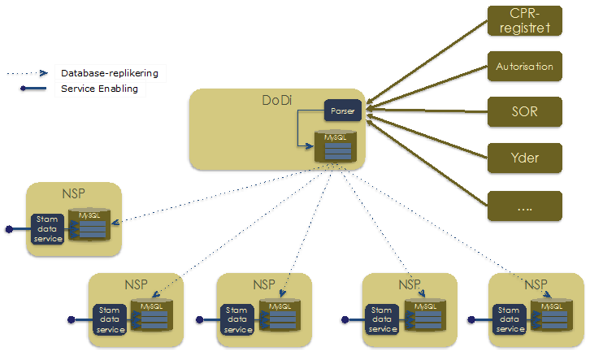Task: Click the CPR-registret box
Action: pos(524,20)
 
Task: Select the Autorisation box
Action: pos(524,67)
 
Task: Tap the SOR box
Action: pos(524,111)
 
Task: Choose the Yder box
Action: pos(524,154)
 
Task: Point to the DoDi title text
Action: pos(276,101)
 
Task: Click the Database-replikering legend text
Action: pos(109,73)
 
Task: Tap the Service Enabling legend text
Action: pos(99,89)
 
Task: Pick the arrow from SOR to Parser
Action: pos(427,110)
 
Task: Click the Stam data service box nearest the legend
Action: pos(46,228)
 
